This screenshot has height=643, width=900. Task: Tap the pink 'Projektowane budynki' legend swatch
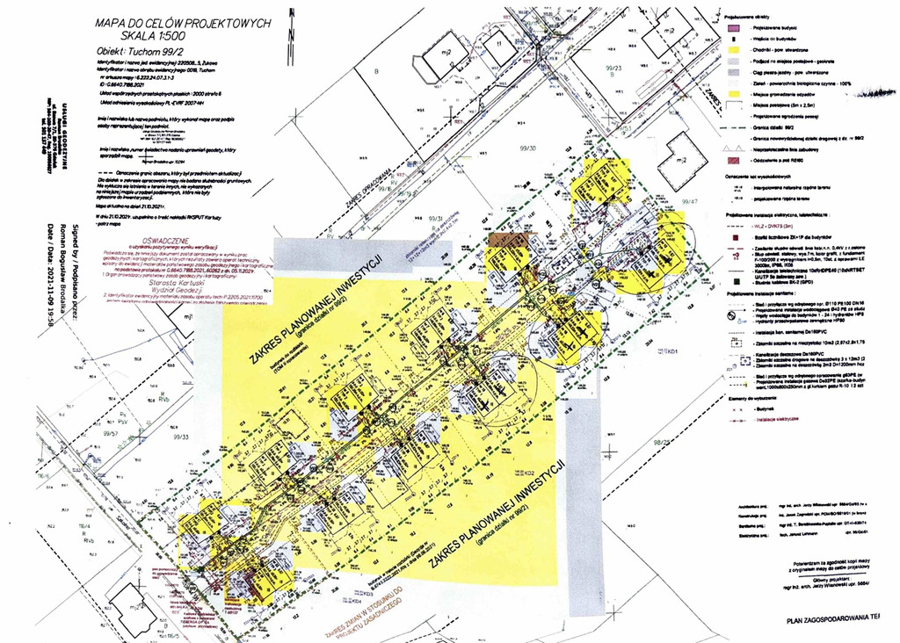pos(730,27)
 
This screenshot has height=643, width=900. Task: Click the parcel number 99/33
pos(182,436)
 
